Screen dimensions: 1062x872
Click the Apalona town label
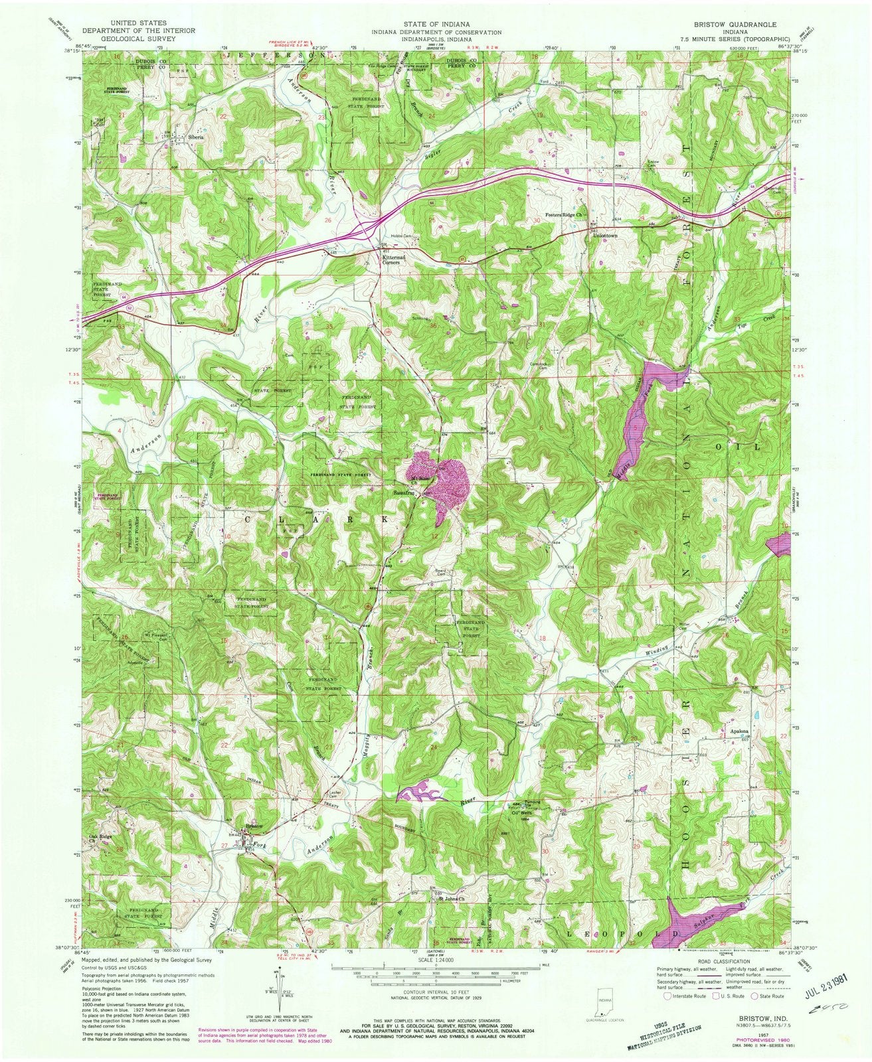tap(741, 729)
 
